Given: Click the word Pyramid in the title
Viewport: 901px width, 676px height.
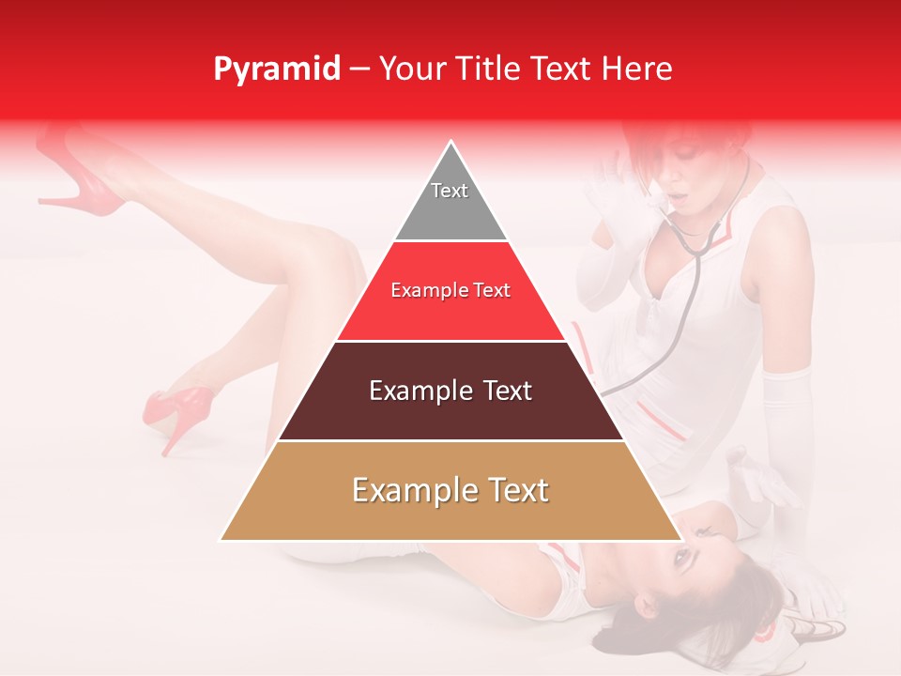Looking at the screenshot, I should click(x=277, y=69).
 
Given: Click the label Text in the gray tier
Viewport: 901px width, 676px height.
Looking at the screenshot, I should click(x=450, y=191).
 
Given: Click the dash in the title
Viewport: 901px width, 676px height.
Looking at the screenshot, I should click(x=359, y=69).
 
